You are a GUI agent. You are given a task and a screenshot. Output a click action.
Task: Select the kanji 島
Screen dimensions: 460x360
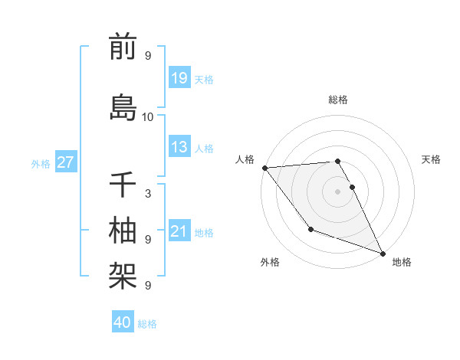123,107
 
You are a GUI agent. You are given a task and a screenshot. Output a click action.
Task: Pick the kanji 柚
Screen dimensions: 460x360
123,231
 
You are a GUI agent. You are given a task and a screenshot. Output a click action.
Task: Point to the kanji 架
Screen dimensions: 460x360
123,274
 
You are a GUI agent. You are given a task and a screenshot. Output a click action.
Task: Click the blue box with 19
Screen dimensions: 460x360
179,78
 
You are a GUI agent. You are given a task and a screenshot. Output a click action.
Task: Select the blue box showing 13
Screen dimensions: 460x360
179,147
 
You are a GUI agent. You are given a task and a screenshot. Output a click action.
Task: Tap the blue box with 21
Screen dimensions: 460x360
179,231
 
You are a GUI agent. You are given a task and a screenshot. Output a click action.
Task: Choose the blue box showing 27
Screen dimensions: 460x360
66,162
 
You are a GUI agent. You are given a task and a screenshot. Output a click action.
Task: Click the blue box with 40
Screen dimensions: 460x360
123,322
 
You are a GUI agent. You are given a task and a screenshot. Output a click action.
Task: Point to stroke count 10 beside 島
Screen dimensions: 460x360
148,116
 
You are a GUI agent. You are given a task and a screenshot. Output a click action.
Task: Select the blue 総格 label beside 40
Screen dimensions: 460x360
148,323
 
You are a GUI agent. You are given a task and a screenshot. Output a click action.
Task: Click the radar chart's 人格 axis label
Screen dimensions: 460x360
245,159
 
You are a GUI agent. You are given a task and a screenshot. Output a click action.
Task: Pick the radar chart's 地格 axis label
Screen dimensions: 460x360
402,262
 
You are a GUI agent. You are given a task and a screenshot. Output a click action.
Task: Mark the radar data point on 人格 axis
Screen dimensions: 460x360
264,168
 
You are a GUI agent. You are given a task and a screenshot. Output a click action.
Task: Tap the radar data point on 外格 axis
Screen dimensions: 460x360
310,229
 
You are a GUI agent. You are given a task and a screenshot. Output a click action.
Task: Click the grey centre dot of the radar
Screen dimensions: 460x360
338,191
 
